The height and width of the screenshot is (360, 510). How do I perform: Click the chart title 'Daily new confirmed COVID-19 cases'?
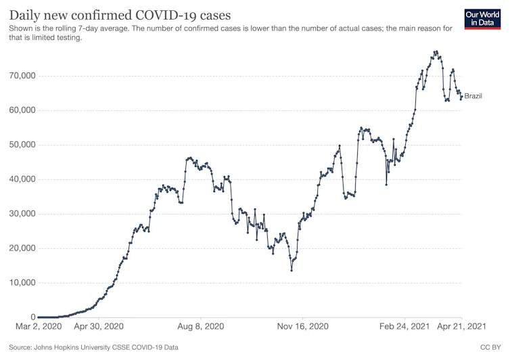coord(120,15)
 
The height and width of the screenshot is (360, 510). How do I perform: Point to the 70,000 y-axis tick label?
coord(19,76)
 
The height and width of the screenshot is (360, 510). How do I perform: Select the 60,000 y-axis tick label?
coord(19,110)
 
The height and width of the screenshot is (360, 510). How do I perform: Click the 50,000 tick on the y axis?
coord(19,145)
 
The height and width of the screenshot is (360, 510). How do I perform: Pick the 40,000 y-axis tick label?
coord(19,179)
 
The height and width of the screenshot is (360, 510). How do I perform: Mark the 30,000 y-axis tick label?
coord(19,214)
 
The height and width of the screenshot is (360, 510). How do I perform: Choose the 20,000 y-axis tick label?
coord(19,248)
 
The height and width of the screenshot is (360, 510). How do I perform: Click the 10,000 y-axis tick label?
coord(19,283)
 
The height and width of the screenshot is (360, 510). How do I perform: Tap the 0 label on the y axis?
coord(32,317)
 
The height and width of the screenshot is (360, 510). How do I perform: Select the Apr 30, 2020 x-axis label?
coord(99,327)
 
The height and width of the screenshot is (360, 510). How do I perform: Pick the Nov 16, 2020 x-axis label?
coord(303,327)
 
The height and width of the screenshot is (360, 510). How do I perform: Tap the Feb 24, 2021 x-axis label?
coord(405,327)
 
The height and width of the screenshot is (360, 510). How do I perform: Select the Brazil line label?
coord(473,96)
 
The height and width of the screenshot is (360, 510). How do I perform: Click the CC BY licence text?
coord(490,347)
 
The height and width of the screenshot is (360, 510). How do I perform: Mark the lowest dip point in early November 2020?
coord(292,270)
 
